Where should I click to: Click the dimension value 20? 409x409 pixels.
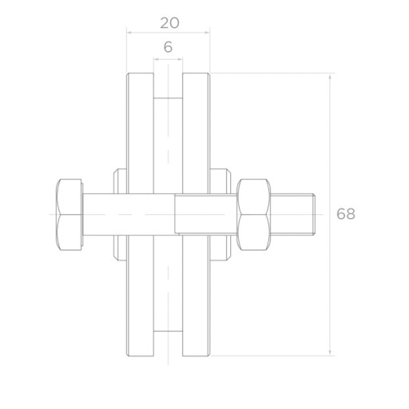coord(169,23)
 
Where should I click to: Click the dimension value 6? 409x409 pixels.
coord(168,47)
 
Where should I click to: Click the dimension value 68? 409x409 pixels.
coord(346,214)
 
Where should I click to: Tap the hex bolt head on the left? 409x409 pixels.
coord(69,215)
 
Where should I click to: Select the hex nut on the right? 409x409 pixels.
coord(254,215)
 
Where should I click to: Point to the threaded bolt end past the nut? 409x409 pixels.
coord(293,215)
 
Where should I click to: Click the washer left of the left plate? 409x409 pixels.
coord(120,215)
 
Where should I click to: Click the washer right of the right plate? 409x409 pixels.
coord(220,215)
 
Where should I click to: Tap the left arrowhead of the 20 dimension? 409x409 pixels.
coord(129,33)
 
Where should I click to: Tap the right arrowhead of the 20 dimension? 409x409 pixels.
coord(207,33)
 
